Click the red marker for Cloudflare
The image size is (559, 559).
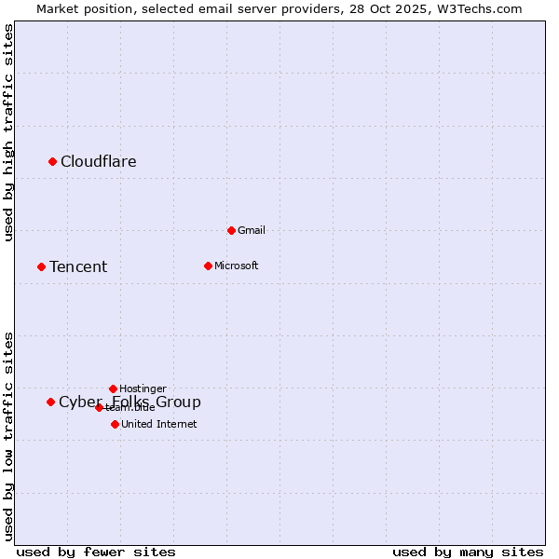point(52,162)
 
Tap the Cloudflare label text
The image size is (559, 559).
point(98,162)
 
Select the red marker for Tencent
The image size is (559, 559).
point(41,267)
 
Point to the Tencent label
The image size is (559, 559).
point(78,267)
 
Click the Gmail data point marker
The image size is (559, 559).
point(231,230)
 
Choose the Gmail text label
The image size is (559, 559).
point(252,230)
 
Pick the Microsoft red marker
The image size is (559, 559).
point(208,266)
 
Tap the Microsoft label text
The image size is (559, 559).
point(236,266)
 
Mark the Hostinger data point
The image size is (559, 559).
point(113,389)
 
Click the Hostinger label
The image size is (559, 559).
point(143,389)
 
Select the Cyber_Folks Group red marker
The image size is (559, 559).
point(50,402)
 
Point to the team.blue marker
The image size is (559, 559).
point(99,407)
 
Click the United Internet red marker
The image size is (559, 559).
point(115,424)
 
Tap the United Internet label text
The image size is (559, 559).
point(158,424)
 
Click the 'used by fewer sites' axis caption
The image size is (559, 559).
point(96,552)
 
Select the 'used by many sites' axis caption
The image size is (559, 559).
point(468,552)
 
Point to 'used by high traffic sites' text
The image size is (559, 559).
point(9,132)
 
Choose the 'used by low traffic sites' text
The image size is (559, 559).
point(9,436)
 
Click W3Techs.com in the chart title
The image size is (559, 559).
point(479,8)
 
